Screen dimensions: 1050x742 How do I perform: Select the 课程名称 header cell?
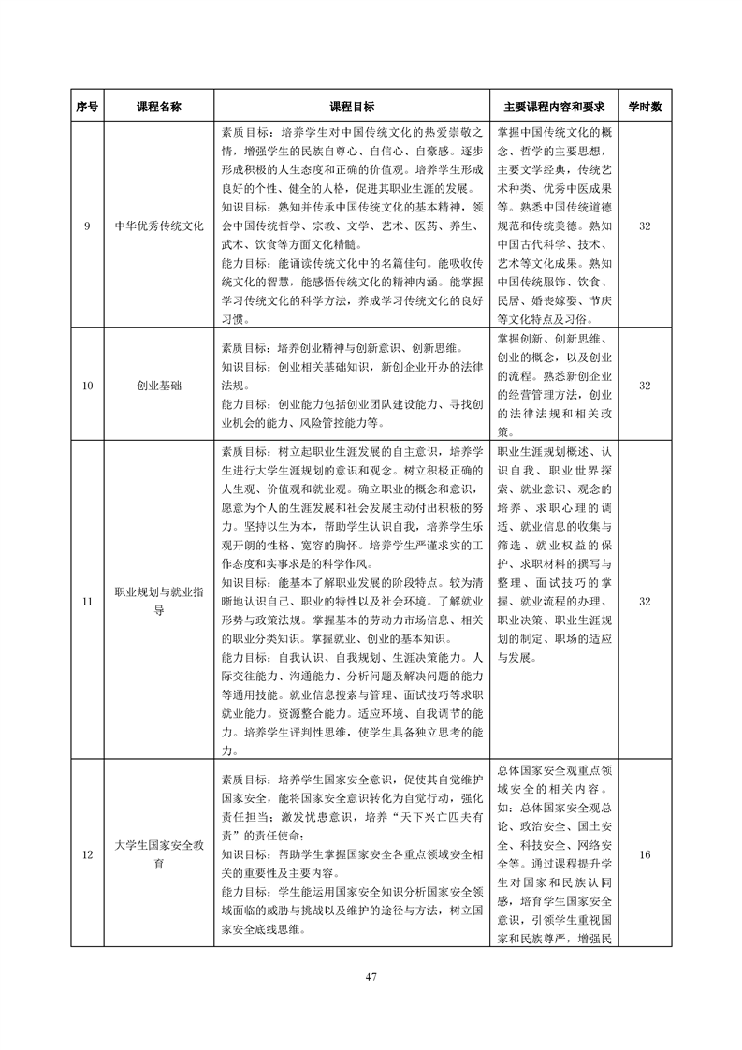(x=159, y=107)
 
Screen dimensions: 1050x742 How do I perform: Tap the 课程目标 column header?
(x=352, y=107)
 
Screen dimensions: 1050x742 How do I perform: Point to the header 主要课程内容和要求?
(x=549, y=107)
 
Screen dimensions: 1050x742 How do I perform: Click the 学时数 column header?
(x=644, y=107)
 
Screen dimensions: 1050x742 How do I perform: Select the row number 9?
(x=87, y=226)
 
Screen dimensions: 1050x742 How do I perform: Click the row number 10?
(x=87, y=385)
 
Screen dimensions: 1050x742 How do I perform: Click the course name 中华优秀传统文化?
(x=159, y=226)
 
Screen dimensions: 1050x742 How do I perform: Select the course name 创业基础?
(x=159, y=385)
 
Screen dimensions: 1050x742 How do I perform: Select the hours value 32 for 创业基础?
(x=644, y=385)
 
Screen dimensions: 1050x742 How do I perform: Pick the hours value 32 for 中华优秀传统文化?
(x=644, y=226)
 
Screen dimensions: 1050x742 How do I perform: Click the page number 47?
(x=371, y=977)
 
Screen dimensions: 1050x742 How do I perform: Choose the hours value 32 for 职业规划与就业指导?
(x=644, y=601)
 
